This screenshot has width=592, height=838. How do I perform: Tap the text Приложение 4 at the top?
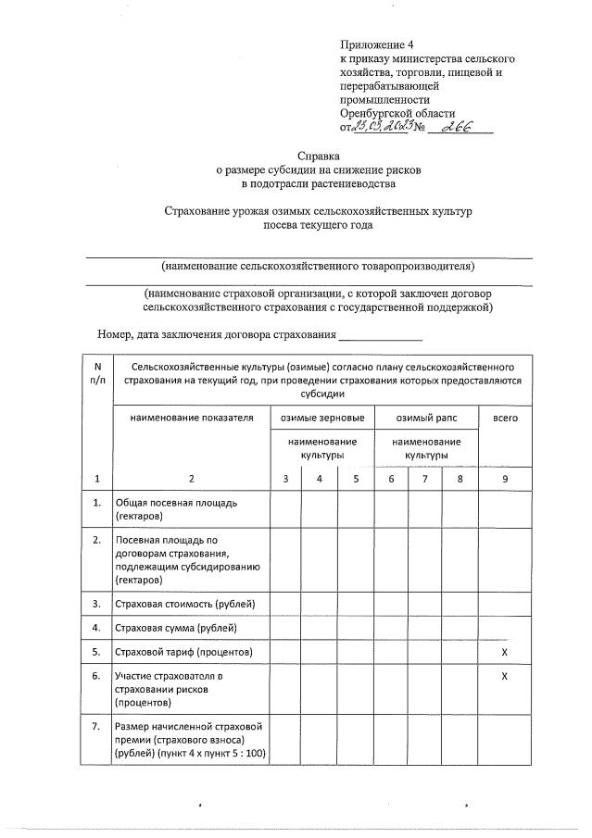tap(377, 44)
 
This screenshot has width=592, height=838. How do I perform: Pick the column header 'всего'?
tap(505, 419)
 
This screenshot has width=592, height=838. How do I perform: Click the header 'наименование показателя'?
tap(191, 419)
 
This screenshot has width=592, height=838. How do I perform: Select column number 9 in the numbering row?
tap(505, 478)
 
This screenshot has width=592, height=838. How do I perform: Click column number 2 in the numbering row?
tap(191, 478)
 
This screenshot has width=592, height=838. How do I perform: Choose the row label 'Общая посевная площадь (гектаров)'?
tap(176, 507)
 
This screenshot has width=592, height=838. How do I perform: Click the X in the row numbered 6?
tap(505, 677)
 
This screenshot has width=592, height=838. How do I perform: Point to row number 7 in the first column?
tap(97, 725)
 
